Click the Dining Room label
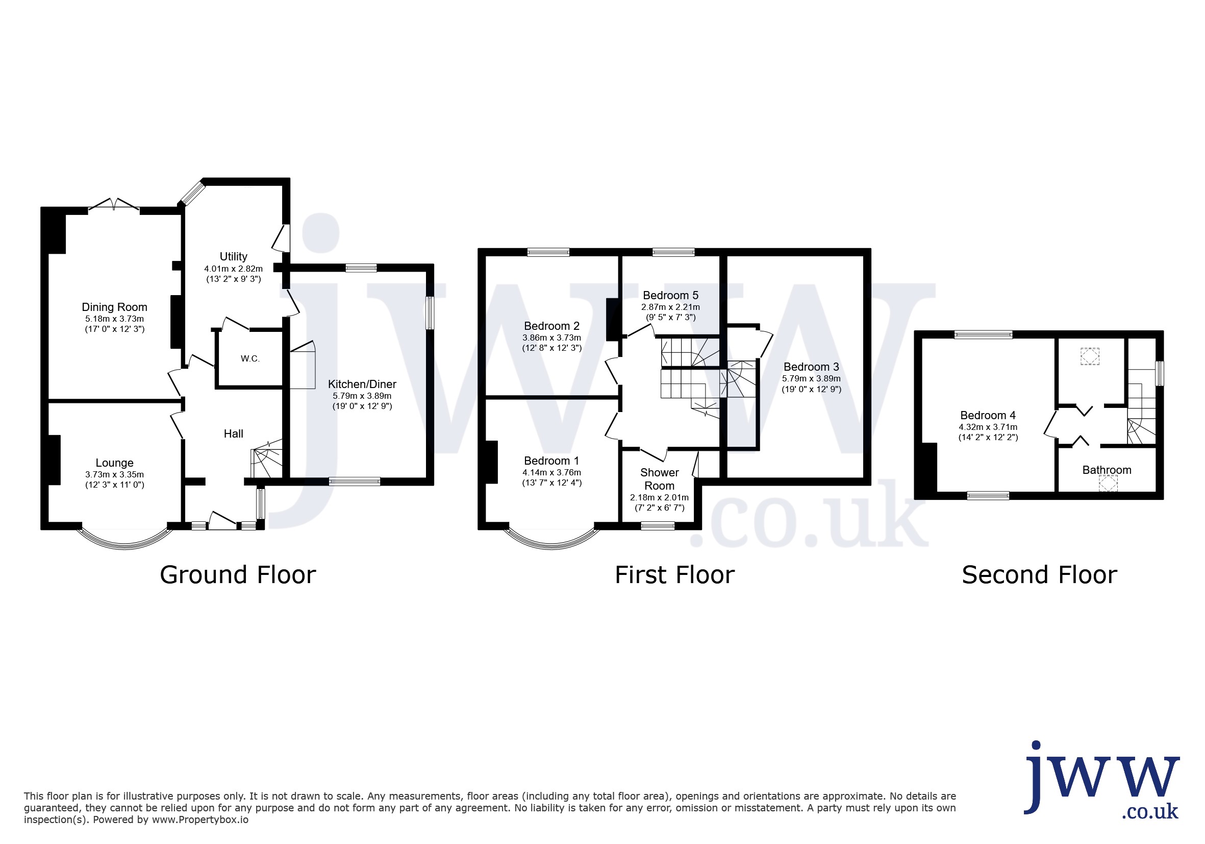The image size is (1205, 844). click(114, 307)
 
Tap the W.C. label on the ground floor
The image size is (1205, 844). click(250, 359)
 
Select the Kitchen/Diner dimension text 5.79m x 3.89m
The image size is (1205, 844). click(362, 396)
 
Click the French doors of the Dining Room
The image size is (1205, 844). click(114, 205)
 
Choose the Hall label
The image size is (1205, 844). click(234, 434)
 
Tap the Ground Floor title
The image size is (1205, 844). click(238, 575)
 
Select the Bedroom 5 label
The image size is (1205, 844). click(671, 296)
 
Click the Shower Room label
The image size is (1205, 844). click(660, 479)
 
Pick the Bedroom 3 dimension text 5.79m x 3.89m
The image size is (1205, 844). click(811, 379)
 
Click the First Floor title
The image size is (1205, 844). click(674, 575)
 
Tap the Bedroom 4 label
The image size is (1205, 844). click(988, 416)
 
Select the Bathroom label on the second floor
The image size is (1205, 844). click(1107, 470)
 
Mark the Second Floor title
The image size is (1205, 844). click(1039, 575)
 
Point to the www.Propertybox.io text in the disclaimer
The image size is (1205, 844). click(200, 820)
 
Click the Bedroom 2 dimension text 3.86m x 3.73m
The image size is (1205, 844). click(551, 338)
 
